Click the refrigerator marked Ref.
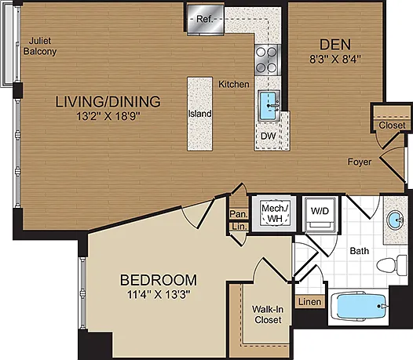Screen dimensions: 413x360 coord(206,19)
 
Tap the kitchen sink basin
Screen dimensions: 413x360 coord(269,106)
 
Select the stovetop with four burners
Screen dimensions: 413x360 coord(266,60)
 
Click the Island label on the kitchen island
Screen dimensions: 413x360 coord(200,114)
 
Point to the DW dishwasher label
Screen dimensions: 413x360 coord(268,136)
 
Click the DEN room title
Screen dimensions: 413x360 coord(335,45)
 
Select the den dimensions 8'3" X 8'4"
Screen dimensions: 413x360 coord(334,60)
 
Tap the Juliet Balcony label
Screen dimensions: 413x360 coord(40,45)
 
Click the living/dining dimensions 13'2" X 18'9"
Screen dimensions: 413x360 coord(108,116)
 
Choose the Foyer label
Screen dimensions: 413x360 coord(360,162)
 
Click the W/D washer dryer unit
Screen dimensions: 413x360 coord(320,214)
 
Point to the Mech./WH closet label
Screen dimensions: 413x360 coord(275,213)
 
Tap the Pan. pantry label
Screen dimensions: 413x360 coord(239,214)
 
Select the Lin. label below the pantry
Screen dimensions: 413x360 coord(239,227)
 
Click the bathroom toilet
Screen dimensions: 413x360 coord(392,265)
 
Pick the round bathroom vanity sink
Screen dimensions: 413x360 coord(395,219)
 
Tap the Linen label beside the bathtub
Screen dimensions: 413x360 coord(310,302)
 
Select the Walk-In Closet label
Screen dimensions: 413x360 coord(268,315)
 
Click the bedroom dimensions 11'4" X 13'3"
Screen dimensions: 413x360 coord(159,294)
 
